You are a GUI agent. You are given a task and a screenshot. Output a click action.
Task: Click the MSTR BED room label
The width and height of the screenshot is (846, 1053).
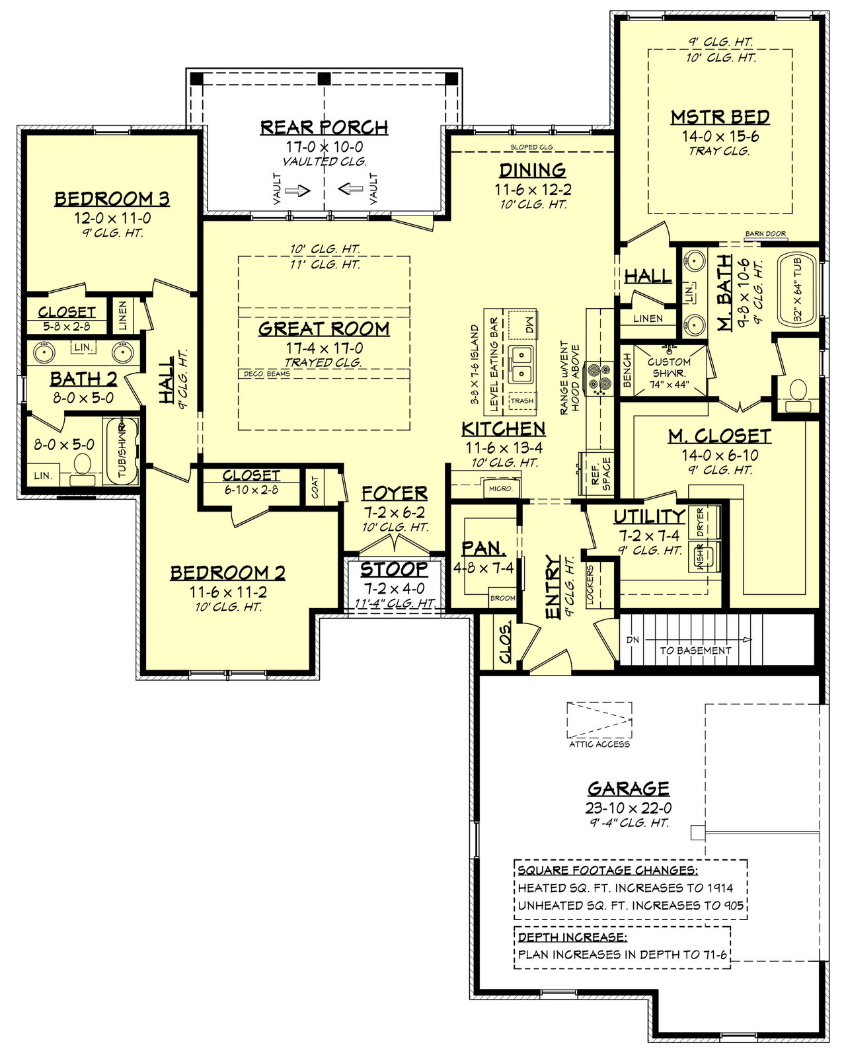720,118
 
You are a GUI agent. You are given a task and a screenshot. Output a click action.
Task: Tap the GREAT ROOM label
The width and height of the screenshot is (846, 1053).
324,329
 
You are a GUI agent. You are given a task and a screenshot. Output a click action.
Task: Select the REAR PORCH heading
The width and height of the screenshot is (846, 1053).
324,127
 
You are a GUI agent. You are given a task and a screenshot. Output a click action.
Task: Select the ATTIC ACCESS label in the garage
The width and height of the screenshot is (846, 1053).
599,744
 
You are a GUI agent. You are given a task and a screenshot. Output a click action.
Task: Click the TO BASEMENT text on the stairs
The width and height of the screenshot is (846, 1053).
695,650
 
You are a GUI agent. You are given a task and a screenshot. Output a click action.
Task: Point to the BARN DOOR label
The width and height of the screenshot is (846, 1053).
765,234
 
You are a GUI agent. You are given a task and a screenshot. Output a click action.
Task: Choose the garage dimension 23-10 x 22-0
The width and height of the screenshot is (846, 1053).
629,808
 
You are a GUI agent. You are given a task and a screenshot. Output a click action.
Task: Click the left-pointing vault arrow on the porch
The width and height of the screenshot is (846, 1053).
350,190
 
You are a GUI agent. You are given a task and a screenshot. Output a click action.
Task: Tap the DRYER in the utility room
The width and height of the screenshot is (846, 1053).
701,522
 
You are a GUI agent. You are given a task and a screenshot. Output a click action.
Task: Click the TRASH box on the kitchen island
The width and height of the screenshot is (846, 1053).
521,401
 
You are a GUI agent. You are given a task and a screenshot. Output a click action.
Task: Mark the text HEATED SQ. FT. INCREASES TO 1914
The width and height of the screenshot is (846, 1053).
625,888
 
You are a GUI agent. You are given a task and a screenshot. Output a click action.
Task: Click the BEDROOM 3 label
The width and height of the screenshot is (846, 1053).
112,198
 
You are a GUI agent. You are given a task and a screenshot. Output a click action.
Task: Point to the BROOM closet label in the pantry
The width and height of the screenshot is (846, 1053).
502,598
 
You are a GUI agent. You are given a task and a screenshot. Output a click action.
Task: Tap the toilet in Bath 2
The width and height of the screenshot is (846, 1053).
83,465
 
